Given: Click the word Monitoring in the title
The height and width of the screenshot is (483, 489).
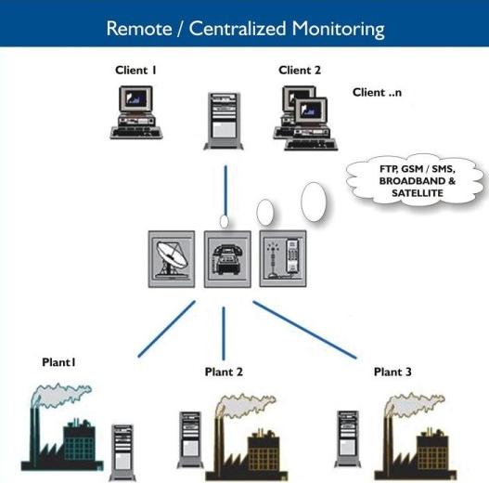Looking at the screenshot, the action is (x=338, y=30).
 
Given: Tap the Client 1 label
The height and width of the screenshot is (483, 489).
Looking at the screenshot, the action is (x=135, y=71).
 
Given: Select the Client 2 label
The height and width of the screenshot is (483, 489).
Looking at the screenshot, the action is (x=300, y=71).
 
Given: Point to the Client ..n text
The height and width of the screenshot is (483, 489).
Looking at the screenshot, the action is (x=377, y=92).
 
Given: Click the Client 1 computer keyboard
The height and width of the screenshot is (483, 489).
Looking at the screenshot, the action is (x=136, y=133).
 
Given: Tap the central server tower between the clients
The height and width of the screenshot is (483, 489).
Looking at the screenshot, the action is (x=224, y=121).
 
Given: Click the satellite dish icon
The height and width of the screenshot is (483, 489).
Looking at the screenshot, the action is (x=172, y=259).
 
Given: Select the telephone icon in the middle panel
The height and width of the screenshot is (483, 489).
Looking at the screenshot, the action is (x=227, y=259).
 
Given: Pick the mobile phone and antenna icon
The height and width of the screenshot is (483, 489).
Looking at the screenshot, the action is (x=283, y=259).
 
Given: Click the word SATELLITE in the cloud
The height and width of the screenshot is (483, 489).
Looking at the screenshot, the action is (x=418, y=193).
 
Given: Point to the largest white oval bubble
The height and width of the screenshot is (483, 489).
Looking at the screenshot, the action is (x=314, y=202).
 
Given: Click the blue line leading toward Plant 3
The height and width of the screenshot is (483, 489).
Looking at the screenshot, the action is (x=304, y=330).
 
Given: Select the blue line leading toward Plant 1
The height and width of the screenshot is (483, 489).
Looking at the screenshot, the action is (x=167, y=329).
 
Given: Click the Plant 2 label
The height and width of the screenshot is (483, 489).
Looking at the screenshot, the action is (x=224, y=372).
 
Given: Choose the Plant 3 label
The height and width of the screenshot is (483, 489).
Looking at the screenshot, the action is (x=392, y=372).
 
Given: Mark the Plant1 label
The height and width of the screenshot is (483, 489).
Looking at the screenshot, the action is (x=58, y=362).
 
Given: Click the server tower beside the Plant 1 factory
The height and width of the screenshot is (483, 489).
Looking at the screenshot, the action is (x=122, y=452).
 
